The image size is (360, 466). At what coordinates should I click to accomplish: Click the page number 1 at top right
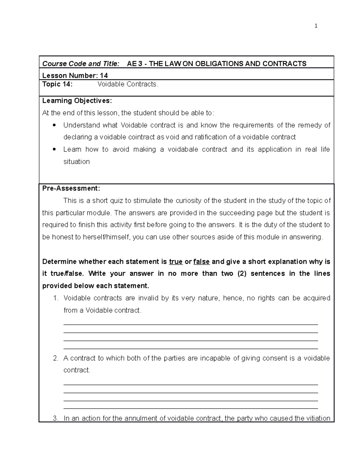pos(316,26)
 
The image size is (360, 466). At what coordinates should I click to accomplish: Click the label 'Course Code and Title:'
pos(81,64)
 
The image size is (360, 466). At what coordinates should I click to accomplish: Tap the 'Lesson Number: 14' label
pos(75,75)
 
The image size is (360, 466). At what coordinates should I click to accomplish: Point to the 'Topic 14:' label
pos(57,84)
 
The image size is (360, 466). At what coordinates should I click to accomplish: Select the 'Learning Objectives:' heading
pos(77,101)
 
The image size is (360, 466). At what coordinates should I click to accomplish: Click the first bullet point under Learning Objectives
pos(54,125)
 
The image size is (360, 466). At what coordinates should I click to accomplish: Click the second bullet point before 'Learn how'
pos(54,149)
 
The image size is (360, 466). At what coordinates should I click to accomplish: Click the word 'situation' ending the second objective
pos(76,162)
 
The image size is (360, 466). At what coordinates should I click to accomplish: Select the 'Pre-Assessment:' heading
pos(71,188)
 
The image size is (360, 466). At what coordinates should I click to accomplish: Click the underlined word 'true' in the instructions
pos(176,262)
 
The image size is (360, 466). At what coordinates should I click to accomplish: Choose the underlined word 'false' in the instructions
pos(201,262)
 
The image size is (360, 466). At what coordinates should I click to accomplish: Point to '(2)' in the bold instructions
pos(242,274)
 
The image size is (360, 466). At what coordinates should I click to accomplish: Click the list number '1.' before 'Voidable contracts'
pos(55,298)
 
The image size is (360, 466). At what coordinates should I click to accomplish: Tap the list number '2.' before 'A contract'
pos(55,358)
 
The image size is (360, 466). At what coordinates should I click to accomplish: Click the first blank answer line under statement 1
pos(190,324)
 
